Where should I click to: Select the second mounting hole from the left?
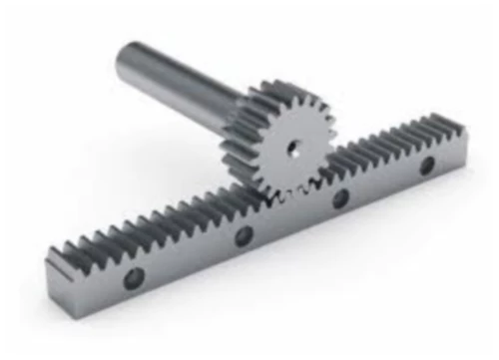(243, 236)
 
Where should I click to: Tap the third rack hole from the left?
(341, 197)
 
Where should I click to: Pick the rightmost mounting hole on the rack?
(427, 166)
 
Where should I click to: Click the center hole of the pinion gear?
(293, 149)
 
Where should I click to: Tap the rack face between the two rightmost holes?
(385, 181)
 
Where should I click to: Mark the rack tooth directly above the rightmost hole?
(423, 130)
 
